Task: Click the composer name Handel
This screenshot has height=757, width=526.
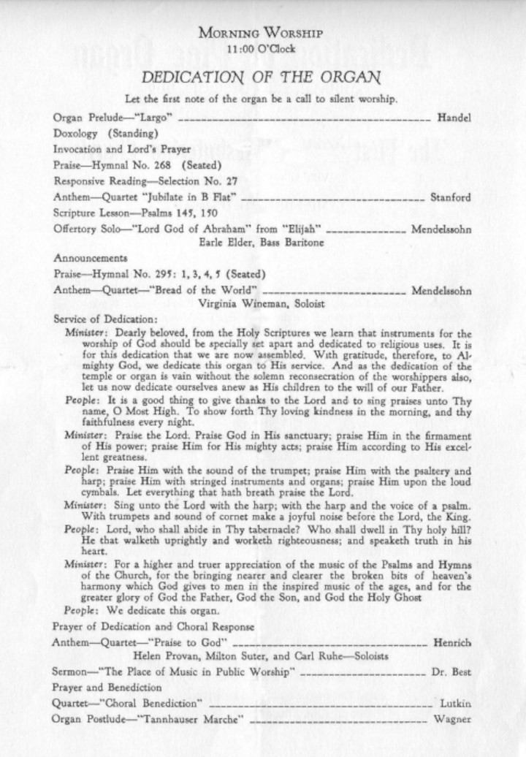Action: click(454, 117)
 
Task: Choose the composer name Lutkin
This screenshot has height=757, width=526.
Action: click(456, 703)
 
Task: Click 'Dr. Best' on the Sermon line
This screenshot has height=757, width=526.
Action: click(454, 671)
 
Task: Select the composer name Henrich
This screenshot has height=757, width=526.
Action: click(452, 642)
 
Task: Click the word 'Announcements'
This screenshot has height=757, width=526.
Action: click(90, 258)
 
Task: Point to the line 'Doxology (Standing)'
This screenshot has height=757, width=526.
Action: click(105, 133)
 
